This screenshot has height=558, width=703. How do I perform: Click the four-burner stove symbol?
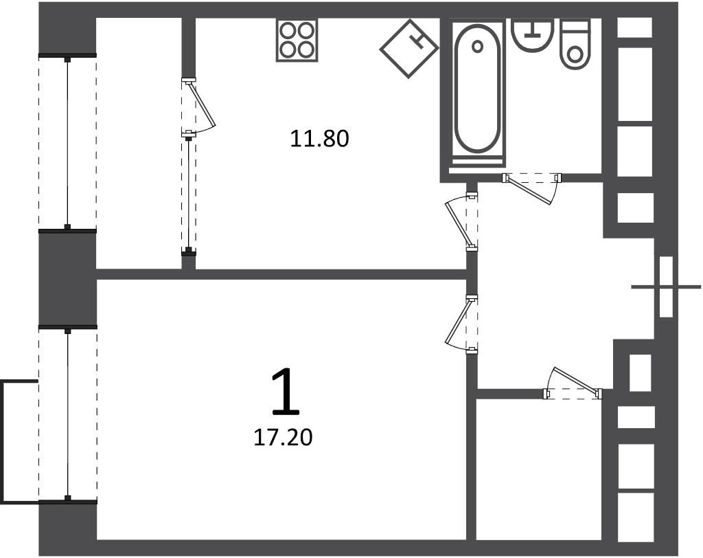(x=297, y=41)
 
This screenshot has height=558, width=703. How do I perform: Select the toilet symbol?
(x=575, y=43)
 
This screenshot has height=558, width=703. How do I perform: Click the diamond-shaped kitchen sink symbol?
(x=409, y=49)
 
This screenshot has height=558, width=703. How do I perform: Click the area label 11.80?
(x=320, y=139)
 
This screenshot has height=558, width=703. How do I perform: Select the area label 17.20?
(x=283, y=437)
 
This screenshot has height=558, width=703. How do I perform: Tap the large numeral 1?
(x=286, y=391)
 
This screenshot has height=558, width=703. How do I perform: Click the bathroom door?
(x=532, y=188)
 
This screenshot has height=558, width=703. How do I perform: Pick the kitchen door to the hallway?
(x=461, y=222)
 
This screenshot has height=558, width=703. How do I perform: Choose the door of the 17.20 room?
(x=461, y=324)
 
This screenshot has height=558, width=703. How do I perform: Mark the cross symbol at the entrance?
(x=666, y=287)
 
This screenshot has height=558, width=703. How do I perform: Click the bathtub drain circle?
(x=478, y=46)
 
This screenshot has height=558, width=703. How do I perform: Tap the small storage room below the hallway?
(x=538, y=469)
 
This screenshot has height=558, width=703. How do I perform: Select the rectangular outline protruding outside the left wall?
(x=20, y=440)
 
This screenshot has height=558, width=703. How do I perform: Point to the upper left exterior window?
(x=67, y=143)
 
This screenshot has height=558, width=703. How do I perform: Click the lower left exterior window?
(x=68, y=415)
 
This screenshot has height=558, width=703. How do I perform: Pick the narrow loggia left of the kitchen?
(x=139, y=143)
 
